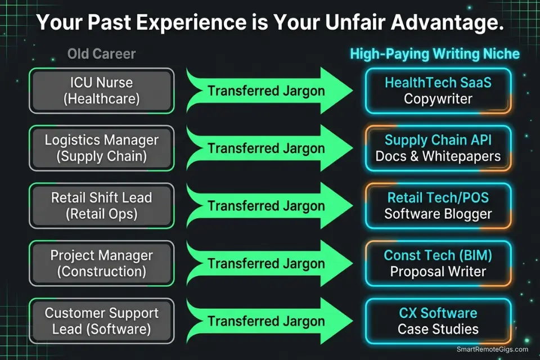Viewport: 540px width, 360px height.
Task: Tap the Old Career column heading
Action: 101,54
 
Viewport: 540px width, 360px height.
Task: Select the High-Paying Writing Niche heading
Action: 435,54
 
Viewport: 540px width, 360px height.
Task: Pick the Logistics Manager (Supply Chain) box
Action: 101,148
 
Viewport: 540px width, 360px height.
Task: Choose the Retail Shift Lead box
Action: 101,205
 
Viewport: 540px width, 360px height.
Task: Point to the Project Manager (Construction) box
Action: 101,263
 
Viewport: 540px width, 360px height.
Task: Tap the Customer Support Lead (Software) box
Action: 101,321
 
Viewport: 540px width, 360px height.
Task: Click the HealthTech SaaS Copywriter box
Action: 438,91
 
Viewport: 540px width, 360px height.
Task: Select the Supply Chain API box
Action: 438,148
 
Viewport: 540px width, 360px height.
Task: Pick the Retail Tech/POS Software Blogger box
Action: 438,205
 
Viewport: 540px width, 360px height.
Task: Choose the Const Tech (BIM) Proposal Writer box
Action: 438,263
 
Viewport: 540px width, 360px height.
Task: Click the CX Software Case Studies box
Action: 438,321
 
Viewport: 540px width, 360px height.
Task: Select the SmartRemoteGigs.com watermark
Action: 493,349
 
